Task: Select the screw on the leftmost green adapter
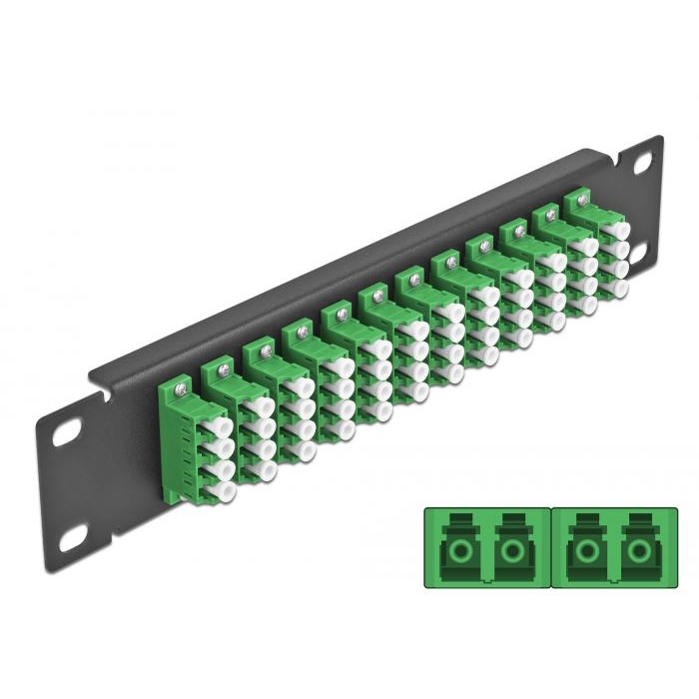tap(180, 379)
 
